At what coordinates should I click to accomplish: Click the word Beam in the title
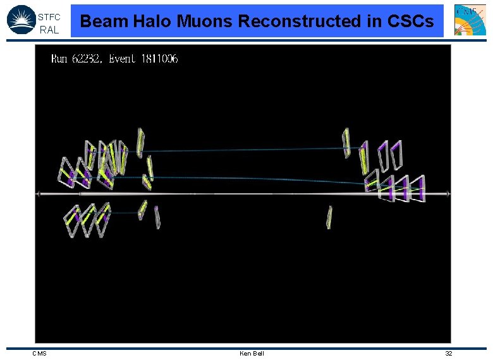(104, 21)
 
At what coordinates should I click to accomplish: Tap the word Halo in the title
(150, 21)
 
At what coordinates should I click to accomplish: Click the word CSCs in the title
(410, 21)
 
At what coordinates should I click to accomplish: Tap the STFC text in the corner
(49, 17)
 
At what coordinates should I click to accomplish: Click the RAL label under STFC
(49, 30)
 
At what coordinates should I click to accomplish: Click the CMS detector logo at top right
(470, 20)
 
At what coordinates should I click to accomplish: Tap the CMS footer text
(39, 353)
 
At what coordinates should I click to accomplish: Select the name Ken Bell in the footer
(252, 353)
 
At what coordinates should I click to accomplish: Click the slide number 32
(448, 353)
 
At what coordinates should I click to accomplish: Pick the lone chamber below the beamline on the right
(329, 217)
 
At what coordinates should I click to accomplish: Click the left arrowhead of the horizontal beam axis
(39, 194)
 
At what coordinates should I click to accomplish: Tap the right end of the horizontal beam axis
(448, 194)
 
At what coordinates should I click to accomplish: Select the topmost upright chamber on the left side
(140, 142)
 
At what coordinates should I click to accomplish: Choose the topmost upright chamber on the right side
(346, 142)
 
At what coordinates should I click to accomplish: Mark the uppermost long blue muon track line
(246, 150)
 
